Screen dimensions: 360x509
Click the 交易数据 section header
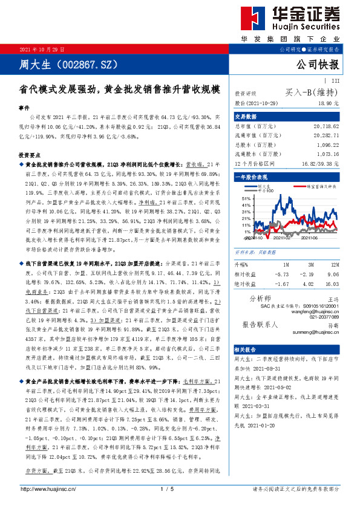click(x=246, y=117)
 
